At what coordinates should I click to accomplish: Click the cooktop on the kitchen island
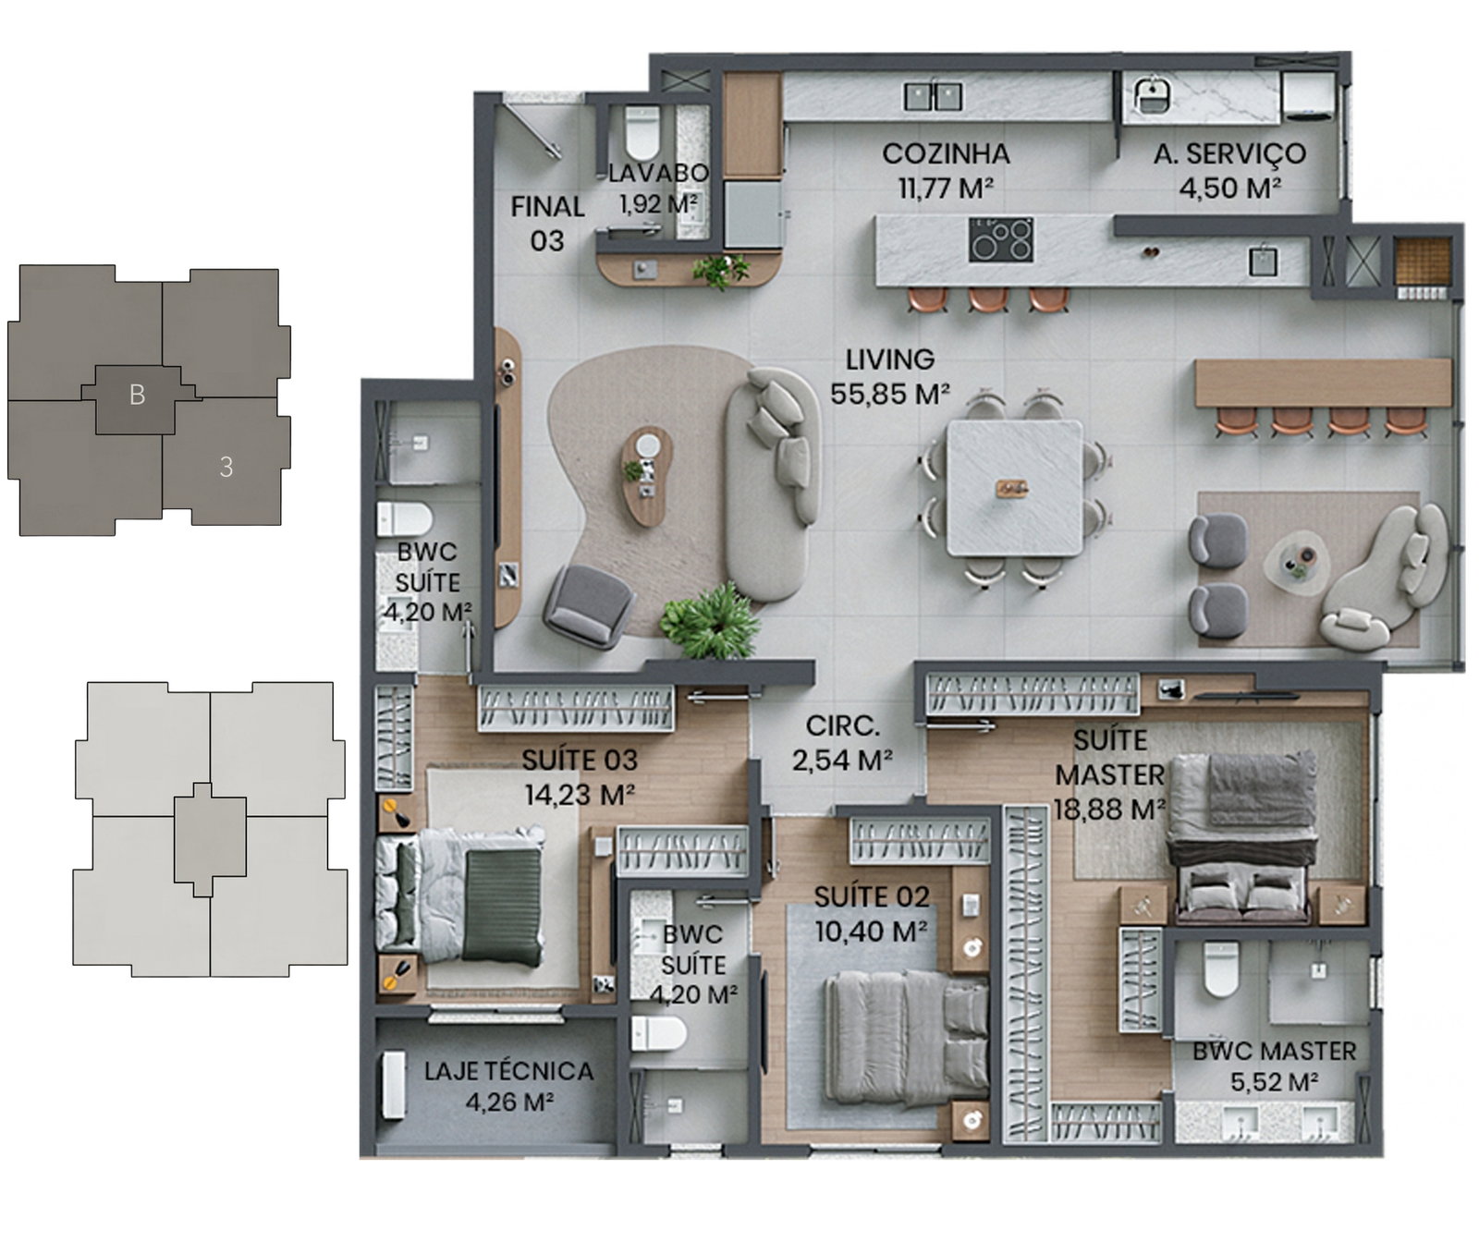pos(1001,239)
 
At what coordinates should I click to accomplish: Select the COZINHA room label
pos(946,153)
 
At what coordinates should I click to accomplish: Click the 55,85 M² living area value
pos(889,395)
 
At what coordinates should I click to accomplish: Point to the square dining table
pos(1015,488)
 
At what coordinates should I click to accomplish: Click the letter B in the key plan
pos(137,395)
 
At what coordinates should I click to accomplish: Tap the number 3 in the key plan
pos(226,468)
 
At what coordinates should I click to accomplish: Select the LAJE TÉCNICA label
pos(508,1071)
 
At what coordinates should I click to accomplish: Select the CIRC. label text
pos(842,725)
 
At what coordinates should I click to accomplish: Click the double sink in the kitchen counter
pos(933,96)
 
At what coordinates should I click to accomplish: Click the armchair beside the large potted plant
pos(589,604)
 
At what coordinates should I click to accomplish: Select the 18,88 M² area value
pos(1109,810)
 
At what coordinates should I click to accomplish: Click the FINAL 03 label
pos(547,223)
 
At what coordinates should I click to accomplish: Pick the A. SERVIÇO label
pos(1229,153)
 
